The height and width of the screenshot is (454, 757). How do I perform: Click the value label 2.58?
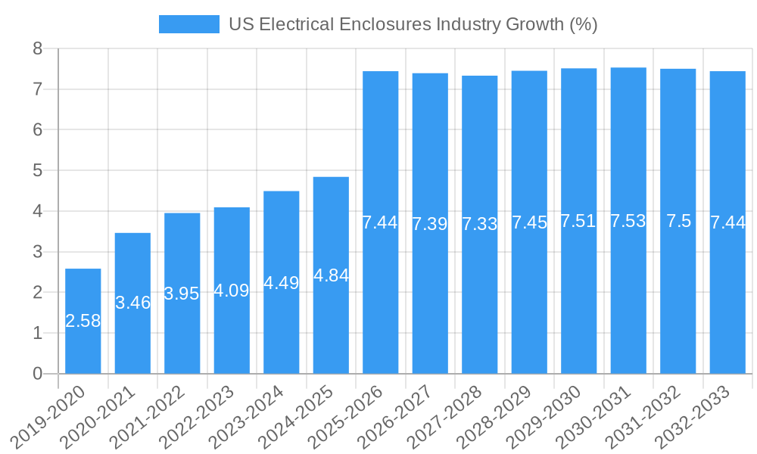(83, 321)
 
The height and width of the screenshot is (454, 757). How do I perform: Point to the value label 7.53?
(628, 221)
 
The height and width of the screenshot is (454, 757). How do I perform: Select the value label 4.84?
(331, 275)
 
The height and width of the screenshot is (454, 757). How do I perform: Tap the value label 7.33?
(479, 224)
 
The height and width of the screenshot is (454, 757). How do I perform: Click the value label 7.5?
(678, 221)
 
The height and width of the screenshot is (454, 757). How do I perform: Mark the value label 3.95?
(182, 294)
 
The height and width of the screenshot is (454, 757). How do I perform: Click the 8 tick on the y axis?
(37, 49)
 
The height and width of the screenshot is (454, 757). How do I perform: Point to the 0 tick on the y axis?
(37, 374)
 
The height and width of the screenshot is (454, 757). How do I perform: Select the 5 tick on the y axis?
(37, 171)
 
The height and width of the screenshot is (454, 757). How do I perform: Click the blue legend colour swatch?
(188, 24)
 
